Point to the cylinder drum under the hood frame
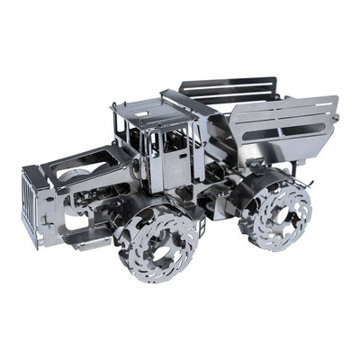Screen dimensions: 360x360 pyautogui.click(x=81, y=180)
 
